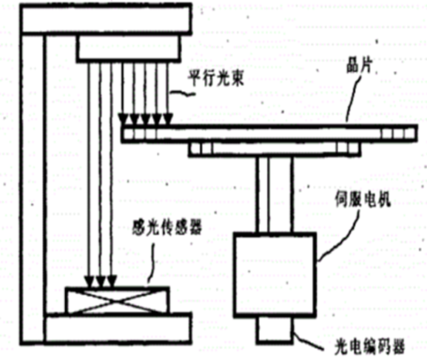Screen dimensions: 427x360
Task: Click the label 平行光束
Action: (215, 79)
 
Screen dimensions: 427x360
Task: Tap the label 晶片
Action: (360, 65)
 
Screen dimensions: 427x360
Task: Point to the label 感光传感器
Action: (167, 228)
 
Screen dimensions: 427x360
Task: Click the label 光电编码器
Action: (369, 346)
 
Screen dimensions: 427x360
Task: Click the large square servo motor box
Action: (275, 275)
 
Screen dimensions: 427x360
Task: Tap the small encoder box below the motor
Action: (275, 330)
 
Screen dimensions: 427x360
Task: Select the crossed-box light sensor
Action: (117, 301)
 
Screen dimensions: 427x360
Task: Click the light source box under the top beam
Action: (129, 47)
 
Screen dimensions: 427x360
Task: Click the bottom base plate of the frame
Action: (118, 328)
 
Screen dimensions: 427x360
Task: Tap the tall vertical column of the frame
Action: (33, 188)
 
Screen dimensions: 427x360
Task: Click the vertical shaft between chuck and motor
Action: (275, 195)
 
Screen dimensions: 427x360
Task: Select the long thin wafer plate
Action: (269, 133)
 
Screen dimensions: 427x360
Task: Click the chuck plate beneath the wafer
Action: (275, 149)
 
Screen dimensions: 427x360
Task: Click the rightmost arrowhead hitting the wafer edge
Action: (168, 119)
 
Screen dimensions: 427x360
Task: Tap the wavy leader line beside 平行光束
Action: (181, 93)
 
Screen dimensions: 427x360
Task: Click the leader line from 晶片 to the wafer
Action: (353, 98)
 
